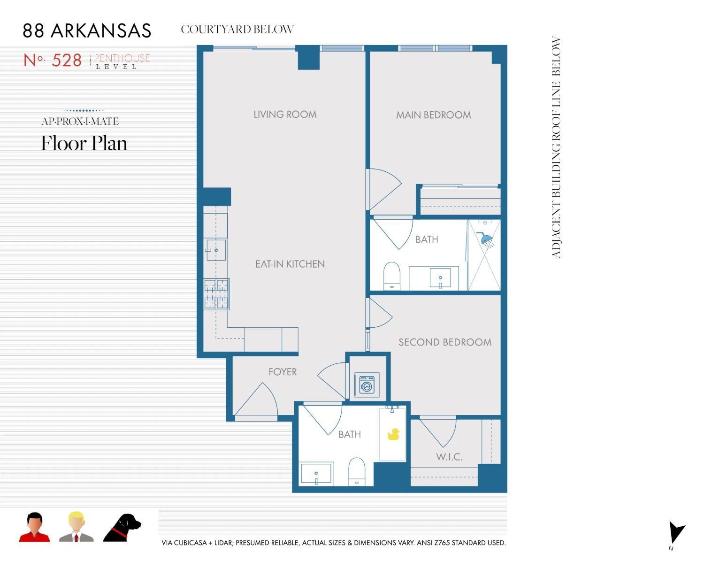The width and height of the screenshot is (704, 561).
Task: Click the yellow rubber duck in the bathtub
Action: pos(393,434)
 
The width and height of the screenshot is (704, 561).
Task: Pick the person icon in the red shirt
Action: pos(34,527)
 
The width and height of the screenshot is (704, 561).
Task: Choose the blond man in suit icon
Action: pos(76,527)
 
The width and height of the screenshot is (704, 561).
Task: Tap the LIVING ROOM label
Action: pos(285,115)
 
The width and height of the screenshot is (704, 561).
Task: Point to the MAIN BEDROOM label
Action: pos(433,115)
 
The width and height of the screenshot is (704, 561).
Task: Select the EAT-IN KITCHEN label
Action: pos(290,264)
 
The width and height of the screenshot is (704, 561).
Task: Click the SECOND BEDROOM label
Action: pos(445,342)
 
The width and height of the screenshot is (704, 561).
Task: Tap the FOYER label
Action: pos(283,372)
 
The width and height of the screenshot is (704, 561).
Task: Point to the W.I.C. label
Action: pos(449,457)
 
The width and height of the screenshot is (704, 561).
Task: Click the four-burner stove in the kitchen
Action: pos(216,294)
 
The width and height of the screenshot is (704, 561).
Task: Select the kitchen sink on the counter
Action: pos(216,250)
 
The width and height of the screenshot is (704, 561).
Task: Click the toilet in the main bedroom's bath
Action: pos(391,276)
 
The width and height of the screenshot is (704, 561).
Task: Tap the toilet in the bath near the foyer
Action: pos(357,471)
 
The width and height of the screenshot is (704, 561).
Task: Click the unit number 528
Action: pos(67,61)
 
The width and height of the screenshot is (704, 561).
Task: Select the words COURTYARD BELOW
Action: pos(237,30)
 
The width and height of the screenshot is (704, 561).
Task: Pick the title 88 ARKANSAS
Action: pos(87,31)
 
